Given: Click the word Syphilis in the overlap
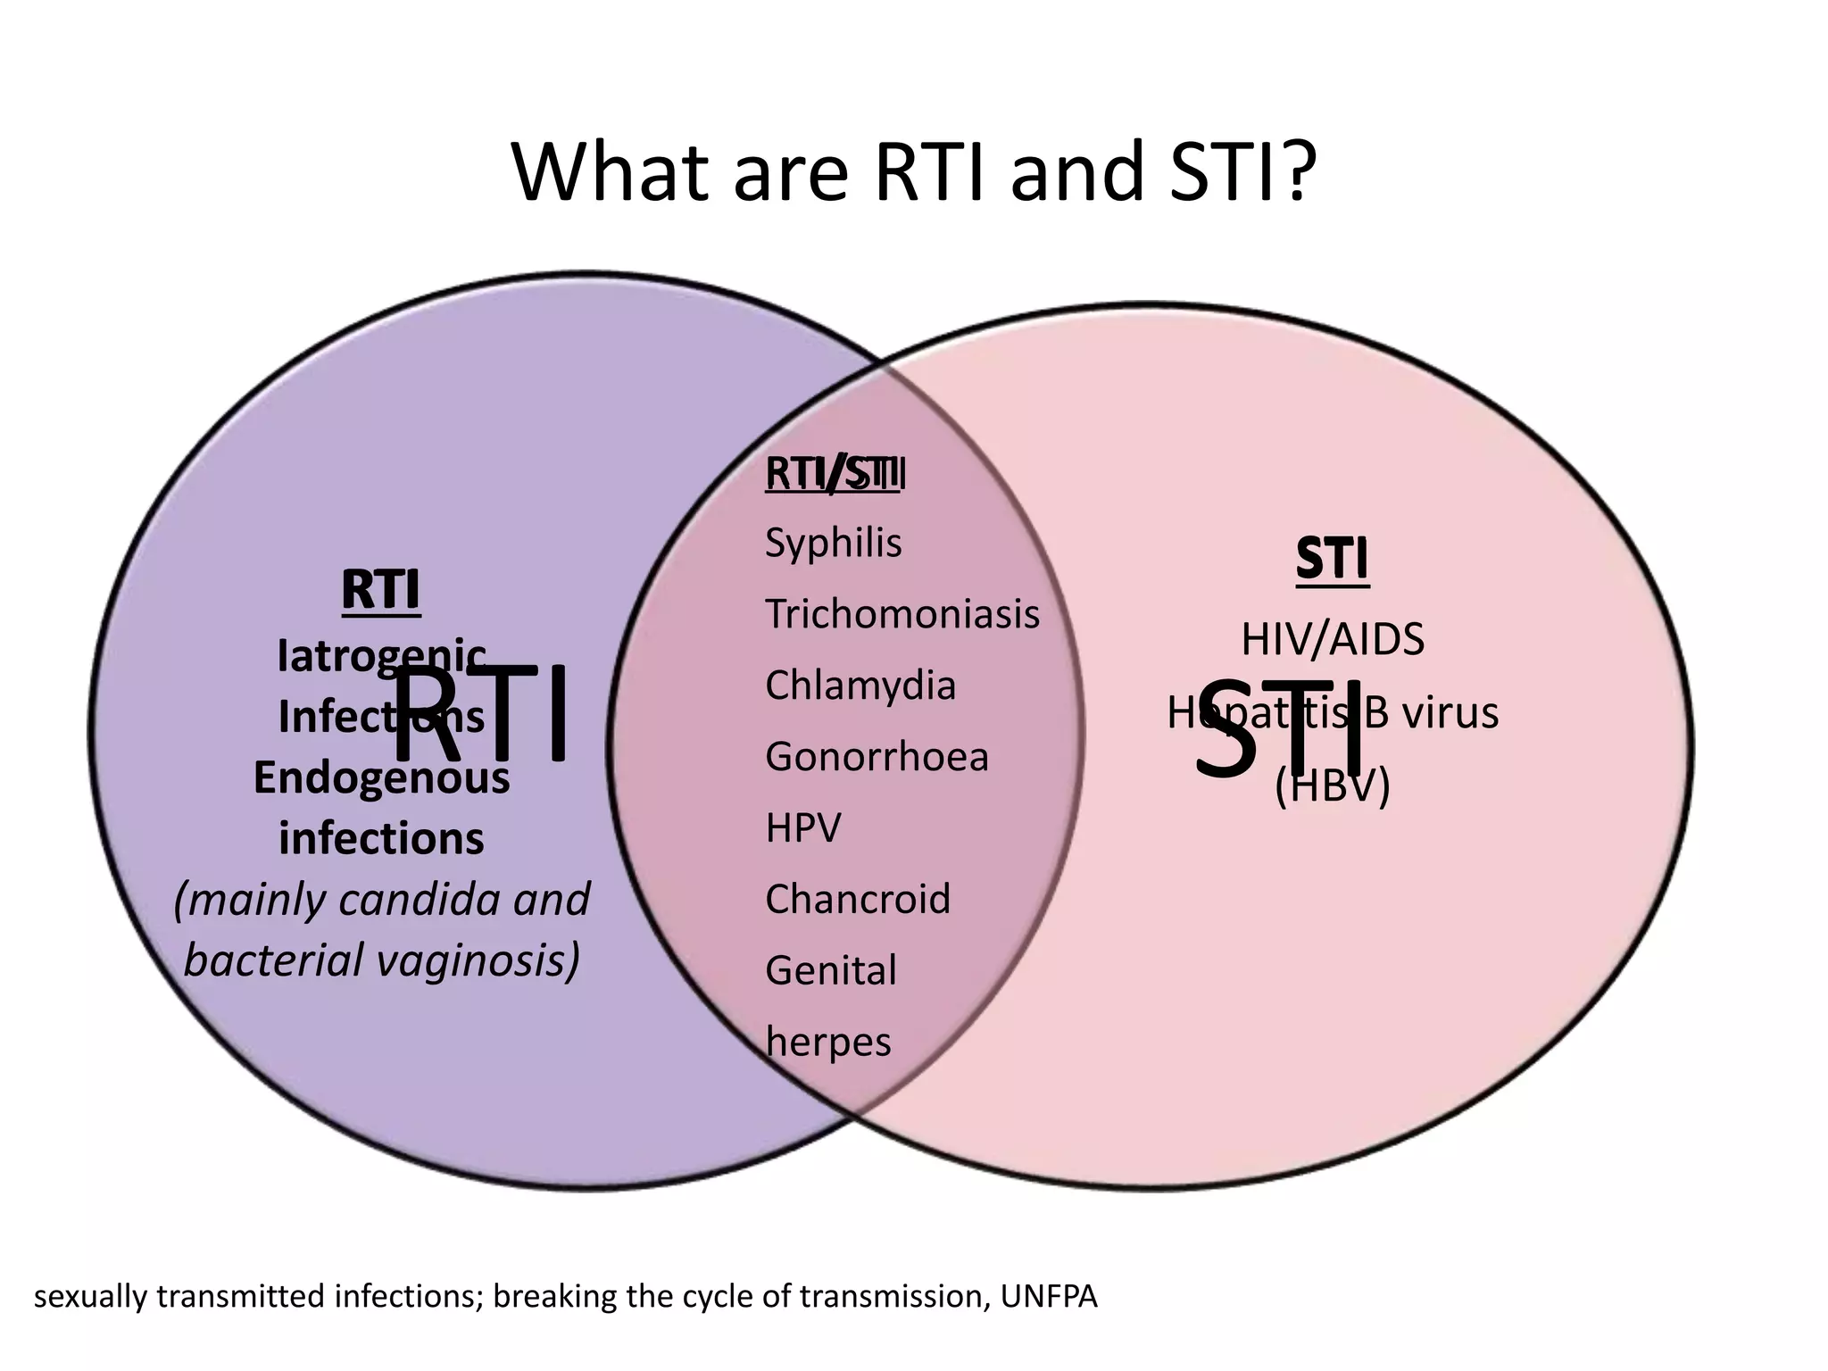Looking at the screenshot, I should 833,543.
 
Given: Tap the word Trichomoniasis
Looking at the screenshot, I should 902,614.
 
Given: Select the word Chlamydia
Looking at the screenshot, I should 860,685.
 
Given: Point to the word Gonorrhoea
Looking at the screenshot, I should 877,757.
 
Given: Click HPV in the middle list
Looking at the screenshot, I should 802,828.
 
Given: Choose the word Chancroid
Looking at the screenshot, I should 857,899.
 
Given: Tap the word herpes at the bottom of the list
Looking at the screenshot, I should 827,1042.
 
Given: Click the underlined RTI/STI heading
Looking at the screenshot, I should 835,474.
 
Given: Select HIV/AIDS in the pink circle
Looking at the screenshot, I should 1332,639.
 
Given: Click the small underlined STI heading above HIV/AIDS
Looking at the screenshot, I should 1332,561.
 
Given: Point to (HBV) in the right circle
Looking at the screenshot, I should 1332,785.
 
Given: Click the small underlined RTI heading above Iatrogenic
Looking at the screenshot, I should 380,590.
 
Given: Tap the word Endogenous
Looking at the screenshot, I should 381,777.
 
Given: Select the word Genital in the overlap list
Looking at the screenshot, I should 830,970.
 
